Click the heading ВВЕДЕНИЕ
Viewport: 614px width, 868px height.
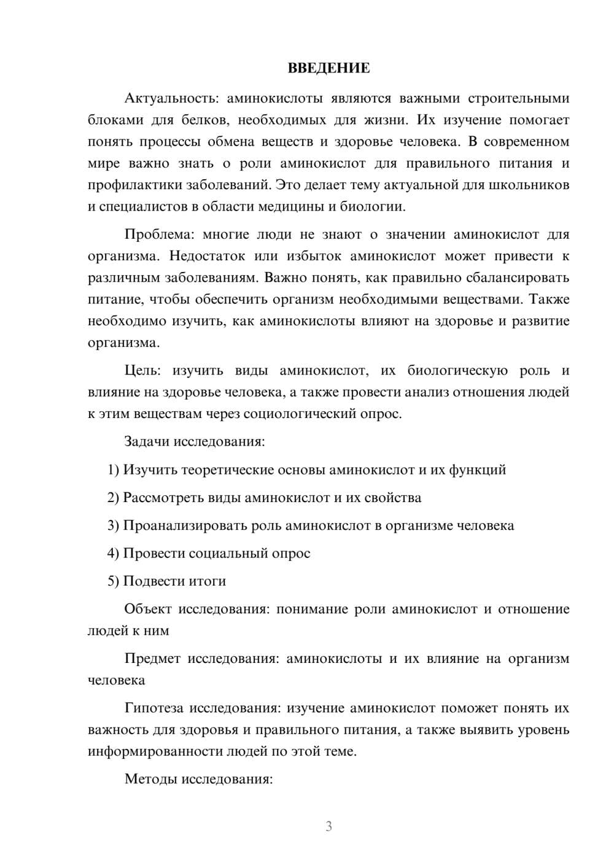tap(328, 68)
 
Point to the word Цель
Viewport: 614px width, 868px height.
tap(142, 371)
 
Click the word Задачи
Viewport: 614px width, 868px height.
tap(147, 442)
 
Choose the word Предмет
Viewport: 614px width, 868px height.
tap(152, 659)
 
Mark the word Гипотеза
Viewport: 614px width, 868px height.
tap(153, 708)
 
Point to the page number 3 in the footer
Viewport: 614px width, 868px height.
tap(328, 826)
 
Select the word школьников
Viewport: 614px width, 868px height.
tap(530, 185)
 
